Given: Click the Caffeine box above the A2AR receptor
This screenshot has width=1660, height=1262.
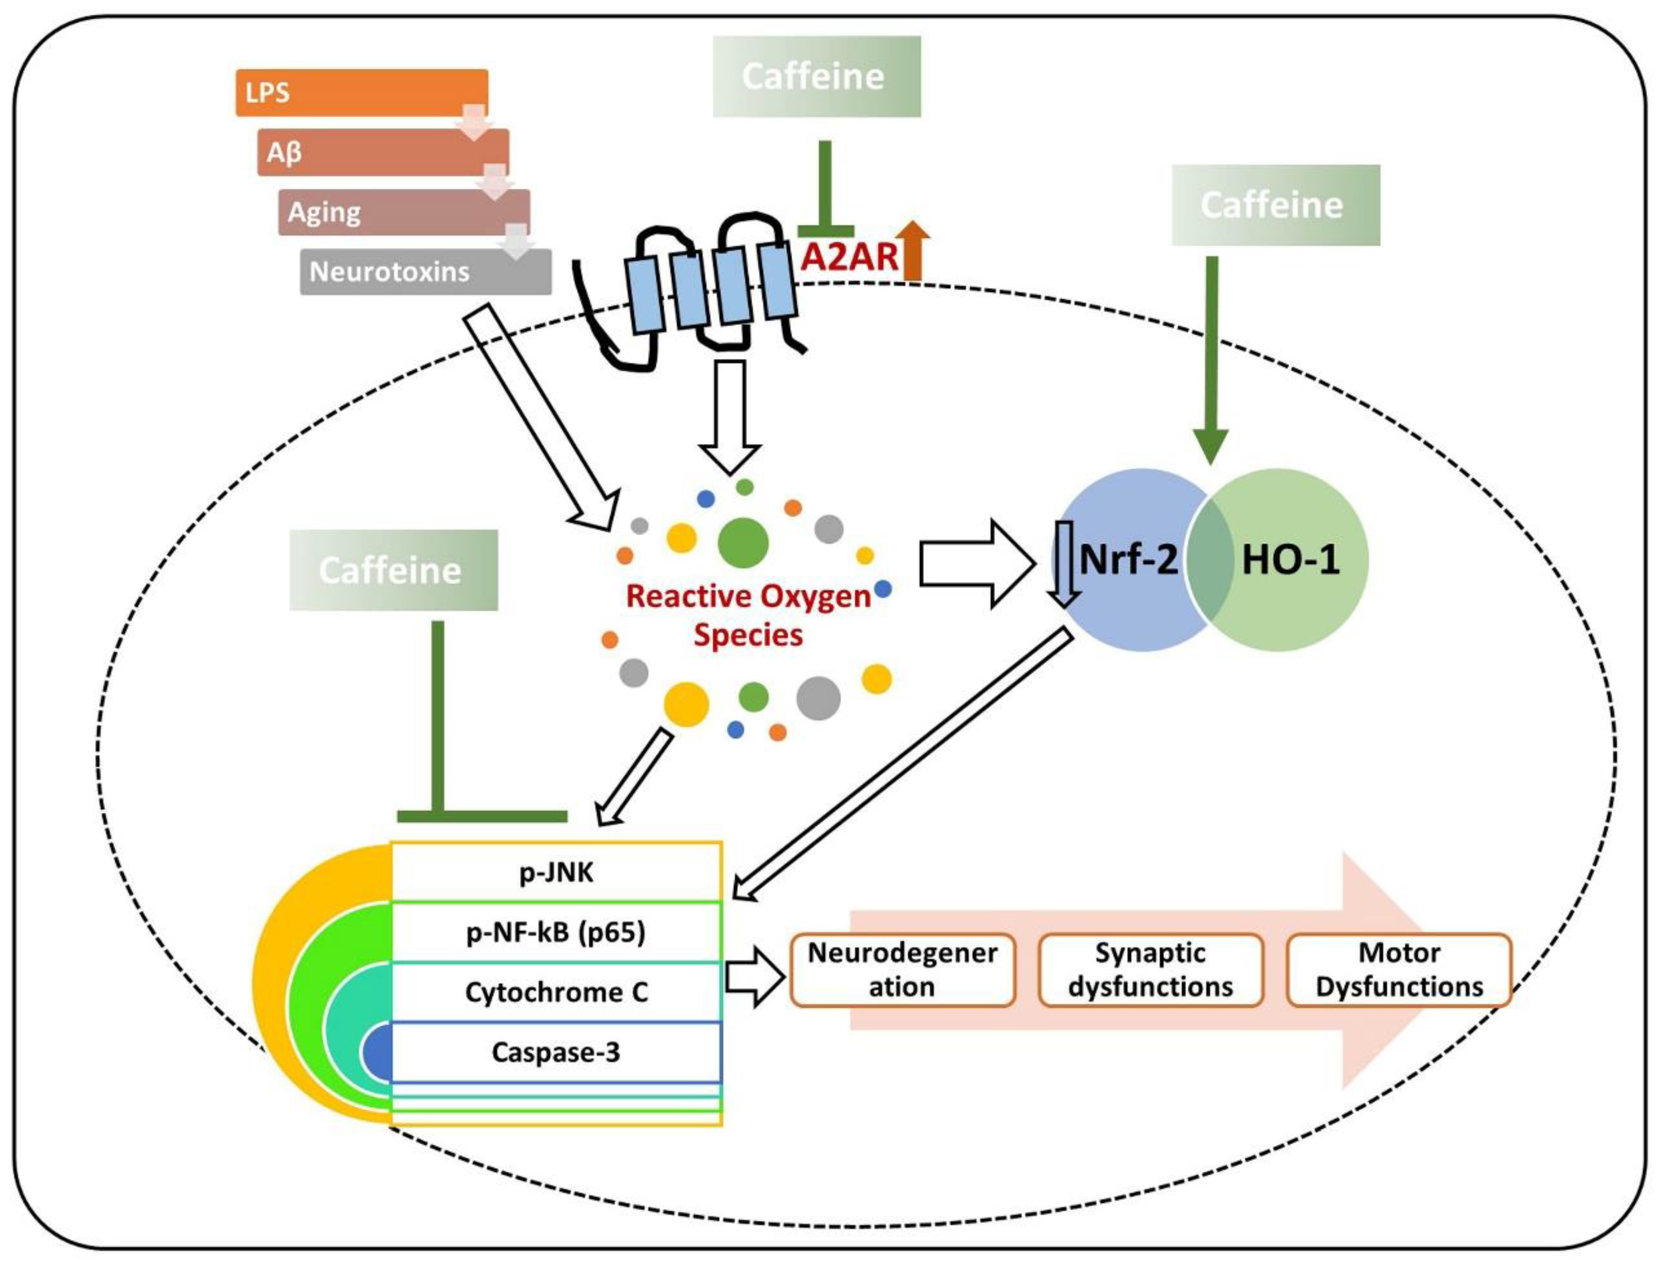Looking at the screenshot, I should pyautogui.click(x=816, y=77).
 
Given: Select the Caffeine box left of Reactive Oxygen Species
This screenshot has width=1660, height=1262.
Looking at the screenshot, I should pyautogui.click(x=393, y=570).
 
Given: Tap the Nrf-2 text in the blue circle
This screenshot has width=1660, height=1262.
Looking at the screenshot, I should pyautogui.click(x=1128, y=560).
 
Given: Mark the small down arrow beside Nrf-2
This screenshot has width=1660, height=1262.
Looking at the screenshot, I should pyautogui.click(x=1063, y=564).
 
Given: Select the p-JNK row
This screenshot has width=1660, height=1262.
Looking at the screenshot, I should pyautogui.click(x=556, y=872).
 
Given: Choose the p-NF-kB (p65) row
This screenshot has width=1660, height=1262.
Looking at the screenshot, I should pyautogui.click(x=556, y=932).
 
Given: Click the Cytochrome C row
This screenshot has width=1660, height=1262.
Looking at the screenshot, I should pyautogui.click(x=556, y=992).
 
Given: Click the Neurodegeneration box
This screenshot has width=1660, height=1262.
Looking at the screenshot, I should pyautogui.click(x=902, y=970).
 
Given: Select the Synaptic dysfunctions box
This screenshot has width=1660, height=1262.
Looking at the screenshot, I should pyautogui.click(x=1150, y=970).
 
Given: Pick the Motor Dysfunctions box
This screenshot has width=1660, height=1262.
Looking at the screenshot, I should pyautogui.click(x=1398, y=970).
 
